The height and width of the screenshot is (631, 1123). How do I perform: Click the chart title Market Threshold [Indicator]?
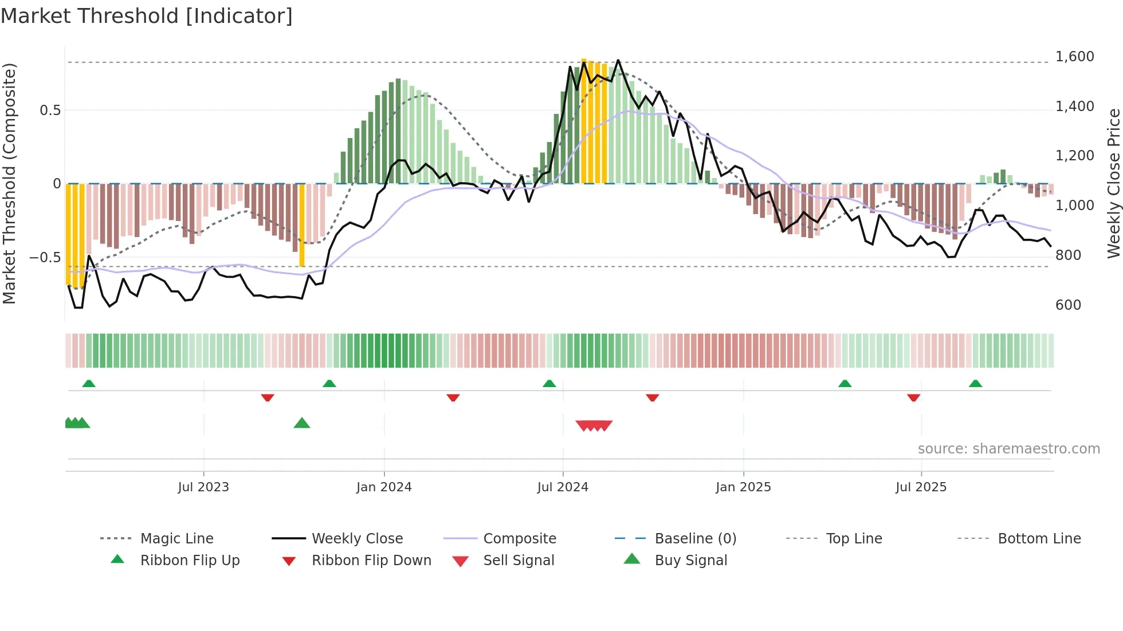point(147,16)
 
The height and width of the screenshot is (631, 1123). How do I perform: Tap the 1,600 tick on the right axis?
point(1074,57)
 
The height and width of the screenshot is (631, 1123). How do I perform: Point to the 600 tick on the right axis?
point(1068,305)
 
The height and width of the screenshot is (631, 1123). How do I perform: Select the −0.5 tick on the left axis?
point(45,258)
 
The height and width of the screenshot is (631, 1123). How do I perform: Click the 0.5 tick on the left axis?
point(50,111)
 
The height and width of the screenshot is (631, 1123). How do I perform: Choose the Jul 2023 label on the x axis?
point(203,487)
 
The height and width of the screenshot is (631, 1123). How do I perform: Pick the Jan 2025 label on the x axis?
point(743,487)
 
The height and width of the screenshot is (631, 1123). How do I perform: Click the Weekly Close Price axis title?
point(1113,183)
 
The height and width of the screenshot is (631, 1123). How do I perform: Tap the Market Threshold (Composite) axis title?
point(9,183)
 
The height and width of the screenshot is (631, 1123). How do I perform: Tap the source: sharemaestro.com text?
point(1008,449)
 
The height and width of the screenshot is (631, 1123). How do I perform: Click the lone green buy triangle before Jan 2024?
point(302,424)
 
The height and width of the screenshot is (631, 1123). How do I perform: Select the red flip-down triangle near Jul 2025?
point(913,397)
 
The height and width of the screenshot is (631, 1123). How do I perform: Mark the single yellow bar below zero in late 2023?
point(302,225)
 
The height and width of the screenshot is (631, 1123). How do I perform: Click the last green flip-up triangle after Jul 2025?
point(975,384)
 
